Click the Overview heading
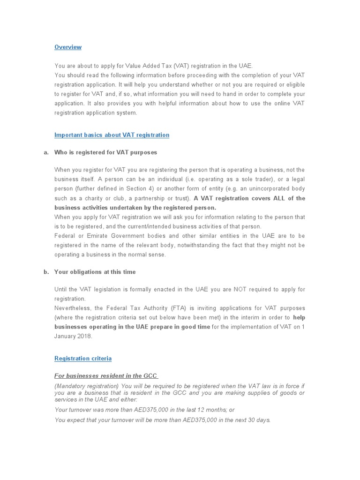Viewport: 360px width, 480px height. point(68,47)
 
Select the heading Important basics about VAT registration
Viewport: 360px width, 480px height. point(112,135)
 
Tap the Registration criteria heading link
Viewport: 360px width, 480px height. point(83,359)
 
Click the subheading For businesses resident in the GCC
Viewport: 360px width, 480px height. point(105,375)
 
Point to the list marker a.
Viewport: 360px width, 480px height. point(46,152)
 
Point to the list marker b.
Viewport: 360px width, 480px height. point(46,272)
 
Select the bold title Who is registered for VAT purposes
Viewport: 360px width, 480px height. point(105,152)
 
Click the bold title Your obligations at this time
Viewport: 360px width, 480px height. point(95,272)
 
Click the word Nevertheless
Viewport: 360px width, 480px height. point(73,308)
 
